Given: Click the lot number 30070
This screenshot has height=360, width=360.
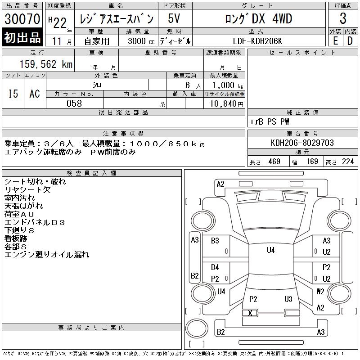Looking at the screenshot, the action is coord(22,18).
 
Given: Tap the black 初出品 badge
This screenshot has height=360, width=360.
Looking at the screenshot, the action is coord(22,37).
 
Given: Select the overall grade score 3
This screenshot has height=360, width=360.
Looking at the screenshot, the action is coord(343,18).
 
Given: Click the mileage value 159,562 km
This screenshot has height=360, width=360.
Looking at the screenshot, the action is coord(46,64).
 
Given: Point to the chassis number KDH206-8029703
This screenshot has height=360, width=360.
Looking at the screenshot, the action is coord(302,143).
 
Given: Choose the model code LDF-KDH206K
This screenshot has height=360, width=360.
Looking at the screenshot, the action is coord(257,41).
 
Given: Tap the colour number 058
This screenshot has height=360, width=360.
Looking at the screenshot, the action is coord(74,103).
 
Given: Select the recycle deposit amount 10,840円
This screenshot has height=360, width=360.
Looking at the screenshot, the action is coord(226,104).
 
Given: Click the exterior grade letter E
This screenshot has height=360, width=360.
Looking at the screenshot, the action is coord(335,41).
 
